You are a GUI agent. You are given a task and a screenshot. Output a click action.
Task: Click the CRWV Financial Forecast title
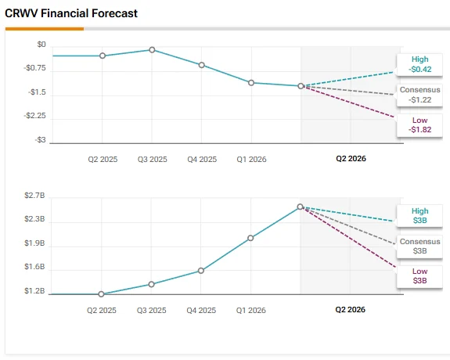(71, 13)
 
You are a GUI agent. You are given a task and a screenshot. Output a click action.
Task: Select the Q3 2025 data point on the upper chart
(152, 50)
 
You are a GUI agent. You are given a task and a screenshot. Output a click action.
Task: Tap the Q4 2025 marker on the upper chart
(202, 65)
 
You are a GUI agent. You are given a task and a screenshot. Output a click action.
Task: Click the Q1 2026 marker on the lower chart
(250, 238)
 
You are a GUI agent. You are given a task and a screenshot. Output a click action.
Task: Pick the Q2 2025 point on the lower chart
(101, 294)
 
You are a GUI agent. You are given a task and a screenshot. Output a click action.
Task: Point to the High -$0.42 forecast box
(419, 65)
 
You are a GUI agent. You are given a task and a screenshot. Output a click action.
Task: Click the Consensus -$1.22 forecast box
(419, 95)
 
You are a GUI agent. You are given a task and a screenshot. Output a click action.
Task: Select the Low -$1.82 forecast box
(419, 125)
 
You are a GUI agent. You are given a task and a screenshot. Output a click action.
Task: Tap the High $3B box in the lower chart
(419, 216)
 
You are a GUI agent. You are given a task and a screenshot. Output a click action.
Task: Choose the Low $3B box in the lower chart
(419, 276)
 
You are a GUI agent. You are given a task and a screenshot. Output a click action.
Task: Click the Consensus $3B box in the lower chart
(419, 247)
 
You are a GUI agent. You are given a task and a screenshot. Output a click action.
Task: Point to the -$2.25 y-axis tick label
(34, 116)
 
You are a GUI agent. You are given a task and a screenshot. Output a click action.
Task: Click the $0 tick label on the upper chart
(41, 45)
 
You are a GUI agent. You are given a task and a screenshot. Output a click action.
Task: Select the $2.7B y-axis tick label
(34, 196)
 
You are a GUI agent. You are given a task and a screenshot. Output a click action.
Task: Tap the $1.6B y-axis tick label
(34, 267)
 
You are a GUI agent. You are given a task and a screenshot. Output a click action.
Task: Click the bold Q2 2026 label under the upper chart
(351, 158)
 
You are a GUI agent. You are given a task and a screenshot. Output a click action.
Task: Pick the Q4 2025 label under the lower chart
(201, 311)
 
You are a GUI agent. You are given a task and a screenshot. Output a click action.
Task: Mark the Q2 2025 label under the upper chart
(103, 160)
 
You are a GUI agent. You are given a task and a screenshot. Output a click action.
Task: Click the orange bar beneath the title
(45, 29)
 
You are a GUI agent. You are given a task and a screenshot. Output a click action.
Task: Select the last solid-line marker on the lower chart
(301, 207)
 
